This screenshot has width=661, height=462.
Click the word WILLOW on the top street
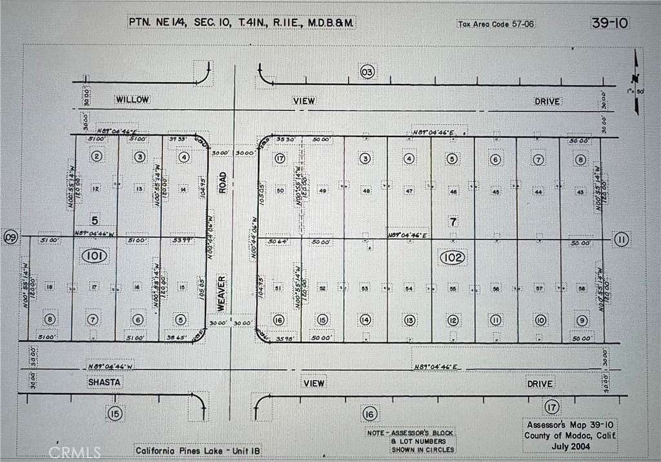pyautogui.click(x=132, y=100)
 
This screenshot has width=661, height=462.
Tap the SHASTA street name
pyautogui.click(x=104, y=383)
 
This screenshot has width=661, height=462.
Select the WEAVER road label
pyautogui.click(x=221, y=293)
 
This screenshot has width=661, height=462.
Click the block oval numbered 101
pyautogui.click(x=94, y=257)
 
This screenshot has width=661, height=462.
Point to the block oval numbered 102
pyautogui.click(x=453, y=258)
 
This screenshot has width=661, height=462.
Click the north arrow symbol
pyautogui.click(x=636, y=72)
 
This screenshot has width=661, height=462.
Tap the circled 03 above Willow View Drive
pyautogui.click(x=367, y=72)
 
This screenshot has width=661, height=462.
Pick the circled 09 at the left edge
pyautogui.click(x=10, y=237)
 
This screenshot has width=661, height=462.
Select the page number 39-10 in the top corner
pyautogui.click(x=609, y=23)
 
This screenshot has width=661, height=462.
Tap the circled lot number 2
pyautogui.click(x=97, y=156)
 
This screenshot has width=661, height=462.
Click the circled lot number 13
pyautogui.click(x=409, y=320)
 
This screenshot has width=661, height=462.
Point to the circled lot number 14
pyautogui.click(x=365, y=320)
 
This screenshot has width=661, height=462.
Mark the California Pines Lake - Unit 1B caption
pyautogui.click(x=198, y=450)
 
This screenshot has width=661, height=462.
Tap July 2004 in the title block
pyautogui.click(x=569, y=445)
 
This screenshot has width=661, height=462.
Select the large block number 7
pyautogui.click(x=453, y=222)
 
